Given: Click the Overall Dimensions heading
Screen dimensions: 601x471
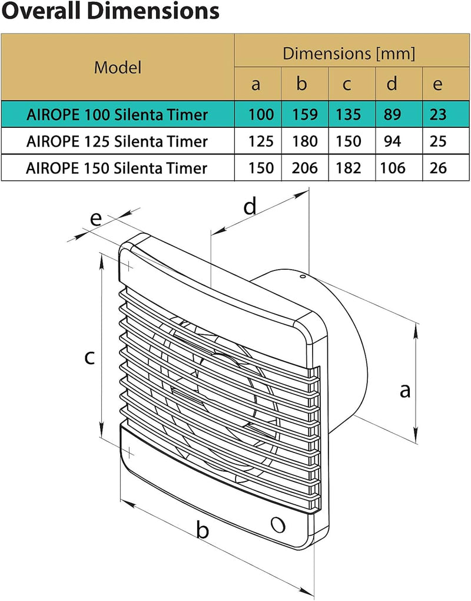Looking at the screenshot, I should point(111,11).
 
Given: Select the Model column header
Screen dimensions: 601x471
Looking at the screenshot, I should point(118,67).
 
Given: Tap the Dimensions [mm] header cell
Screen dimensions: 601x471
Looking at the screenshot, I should point(349,54).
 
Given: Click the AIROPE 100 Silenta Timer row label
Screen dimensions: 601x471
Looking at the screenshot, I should point(117,114).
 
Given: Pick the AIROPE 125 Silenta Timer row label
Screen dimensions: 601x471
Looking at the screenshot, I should point(117,141).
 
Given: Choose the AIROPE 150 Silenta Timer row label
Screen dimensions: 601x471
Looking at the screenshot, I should point(117,169).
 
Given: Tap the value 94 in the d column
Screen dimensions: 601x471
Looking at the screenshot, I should point(393,141).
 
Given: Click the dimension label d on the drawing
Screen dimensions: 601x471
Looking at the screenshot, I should point(250,206).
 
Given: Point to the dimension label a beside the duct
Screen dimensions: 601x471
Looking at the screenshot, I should point(404,389).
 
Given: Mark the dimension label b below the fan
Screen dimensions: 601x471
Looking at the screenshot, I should point(203,530).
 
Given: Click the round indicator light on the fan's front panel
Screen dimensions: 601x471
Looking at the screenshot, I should point(277,523).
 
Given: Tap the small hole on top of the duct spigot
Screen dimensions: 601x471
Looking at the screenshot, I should point(301,275).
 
